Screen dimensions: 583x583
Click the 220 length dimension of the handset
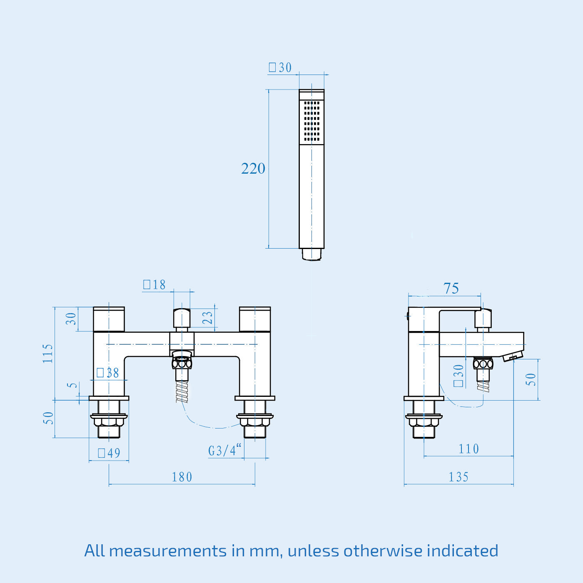pos(253,169)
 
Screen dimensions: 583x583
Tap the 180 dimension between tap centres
pos(182,477)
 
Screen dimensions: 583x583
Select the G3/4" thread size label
pos(224,451)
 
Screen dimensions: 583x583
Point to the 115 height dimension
pos(48,354)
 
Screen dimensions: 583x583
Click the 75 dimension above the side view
pos(451,288)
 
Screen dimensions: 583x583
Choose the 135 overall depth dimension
pos(458,477)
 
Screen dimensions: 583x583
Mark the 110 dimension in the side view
pos(468,449)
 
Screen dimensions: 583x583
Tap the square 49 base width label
pos(109,453)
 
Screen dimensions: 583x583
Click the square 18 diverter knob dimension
pos(154,285)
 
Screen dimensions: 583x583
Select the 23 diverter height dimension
pos(207,318)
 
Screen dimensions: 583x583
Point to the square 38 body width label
pos(108,373)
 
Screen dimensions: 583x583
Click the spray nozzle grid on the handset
pos(311,121)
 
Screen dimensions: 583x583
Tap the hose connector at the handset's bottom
pos(311,254)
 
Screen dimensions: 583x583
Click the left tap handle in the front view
pos(109,319)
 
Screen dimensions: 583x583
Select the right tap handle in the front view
pos(255,319)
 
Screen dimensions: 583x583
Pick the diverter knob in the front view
pos(182,318)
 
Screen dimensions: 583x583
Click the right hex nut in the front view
pos(255,421)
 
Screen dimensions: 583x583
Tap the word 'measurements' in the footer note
pos(168,551)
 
